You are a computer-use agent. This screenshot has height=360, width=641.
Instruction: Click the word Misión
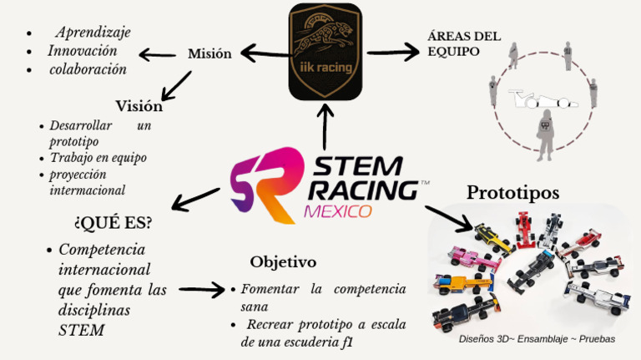(209, 53)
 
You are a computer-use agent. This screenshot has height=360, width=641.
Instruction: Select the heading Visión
(139, 106)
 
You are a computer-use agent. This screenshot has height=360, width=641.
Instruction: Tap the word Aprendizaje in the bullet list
(93, 33)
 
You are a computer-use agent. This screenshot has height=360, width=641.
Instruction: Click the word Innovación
(83, 51)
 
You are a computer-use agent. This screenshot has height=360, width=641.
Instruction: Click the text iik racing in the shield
(326, 67)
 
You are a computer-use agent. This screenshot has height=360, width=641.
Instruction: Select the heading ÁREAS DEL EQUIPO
(464, 43)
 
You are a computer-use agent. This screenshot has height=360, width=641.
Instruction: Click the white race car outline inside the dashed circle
(543, 99)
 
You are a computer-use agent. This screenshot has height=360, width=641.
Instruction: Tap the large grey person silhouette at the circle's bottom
(545, 135)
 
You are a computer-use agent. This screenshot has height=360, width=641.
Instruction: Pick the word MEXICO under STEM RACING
(338, 211)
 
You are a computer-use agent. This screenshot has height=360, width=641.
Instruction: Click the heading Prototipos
(512, 192)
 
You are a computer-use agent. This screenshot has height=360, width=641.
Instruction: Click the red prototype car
(524, 230)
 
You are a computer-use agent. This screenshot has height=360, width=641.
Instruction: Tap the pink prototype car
(473, 259)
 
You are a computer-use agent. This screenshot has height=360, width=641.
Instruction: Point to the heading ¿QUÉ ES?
(113, 223)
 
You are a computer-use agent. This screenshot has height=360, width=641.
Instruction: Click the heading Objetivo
(283, 261)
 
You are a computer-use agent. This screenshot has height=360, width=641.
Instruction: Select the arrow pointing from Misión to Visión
(176, 86)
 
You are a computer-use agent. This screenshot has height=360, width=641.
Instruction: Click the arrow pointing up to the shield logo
(325, 127)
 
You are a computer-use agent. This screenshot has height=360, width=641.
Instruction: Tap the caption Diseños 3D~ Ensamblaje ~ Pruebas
(537, 339)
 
